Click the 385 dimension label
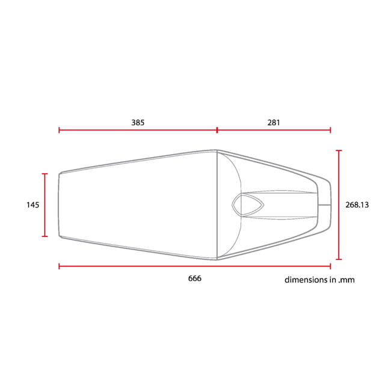pyautogui.click(x=138, y=123)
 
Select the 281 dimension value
pyautogui.click(x=274, y=123)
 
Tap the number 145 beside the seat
pyautogui.click(x=33, y=205)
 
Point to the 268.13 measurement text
pyautogui.click(x=357, y=205)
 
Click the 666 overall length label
pyautogui.click(x=195, y=279)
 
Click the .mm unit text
pyautogui.click(x=346, y=280)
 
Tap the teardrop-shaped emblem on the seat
pyautogui.click(x=248, y=205)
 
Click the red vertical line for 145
pyautogui.click(x=45, y=205)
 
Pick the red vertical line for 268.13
pyautogui.click(x=339, y=205)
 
